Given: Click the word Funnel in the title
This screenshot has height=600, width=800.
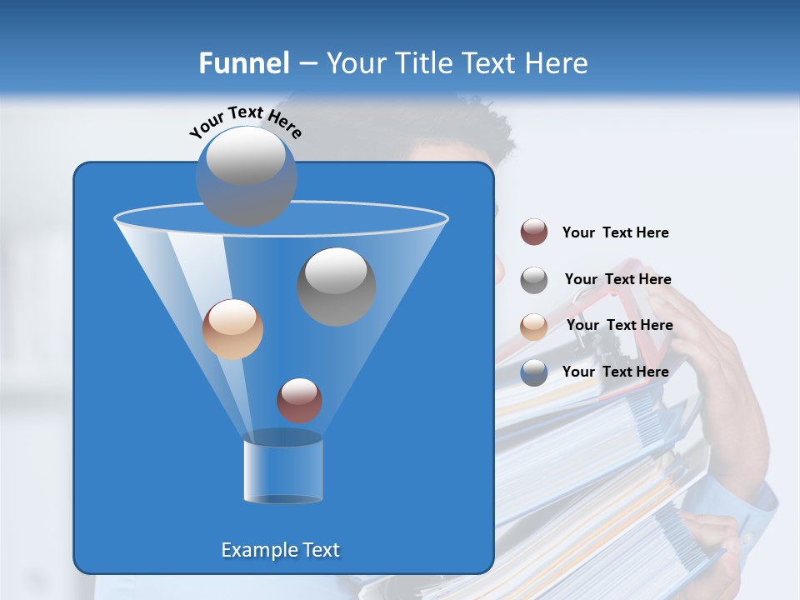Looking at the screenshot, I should [243, 63].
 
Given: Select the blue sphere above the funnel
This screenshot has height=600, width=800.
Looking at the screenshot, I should [247, 176].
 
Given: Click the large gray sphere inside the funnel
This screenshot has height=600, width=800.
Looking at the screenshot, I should [337, 287].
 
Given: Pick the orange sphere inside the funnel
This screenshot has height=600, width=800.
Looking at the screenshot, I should [232, 329].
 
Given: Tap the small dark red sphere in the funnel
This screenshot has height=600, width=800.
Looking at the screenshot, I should [300, 400].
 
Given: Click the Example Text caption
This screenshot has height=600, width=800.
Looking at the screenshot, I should [281, 550].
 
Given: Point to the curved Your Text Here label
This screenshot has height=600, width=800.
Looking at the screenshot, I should [246, 122].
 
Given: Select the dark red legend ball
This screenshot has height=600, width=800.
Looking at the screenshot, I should [534, 232].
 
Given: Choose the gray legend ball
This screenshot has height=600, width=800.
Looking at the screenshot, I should [534, 280].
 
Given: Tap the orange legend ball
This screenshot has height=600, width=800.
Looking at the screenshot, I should [534, 327].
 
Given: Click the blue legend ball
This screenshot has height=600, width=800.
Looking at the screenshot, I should [534, 372].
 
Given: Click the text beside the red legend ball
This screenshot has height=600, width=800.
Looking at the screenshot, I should [615, 232].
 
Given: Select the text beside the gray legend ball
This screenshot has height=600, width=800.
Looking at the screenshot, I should [617, 279].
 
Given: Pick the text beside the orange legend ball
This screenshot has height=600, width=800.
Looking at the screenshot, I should [619, 325].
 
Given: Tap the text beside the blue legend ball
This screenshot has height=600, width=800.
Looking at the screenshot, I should [615, 372].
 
